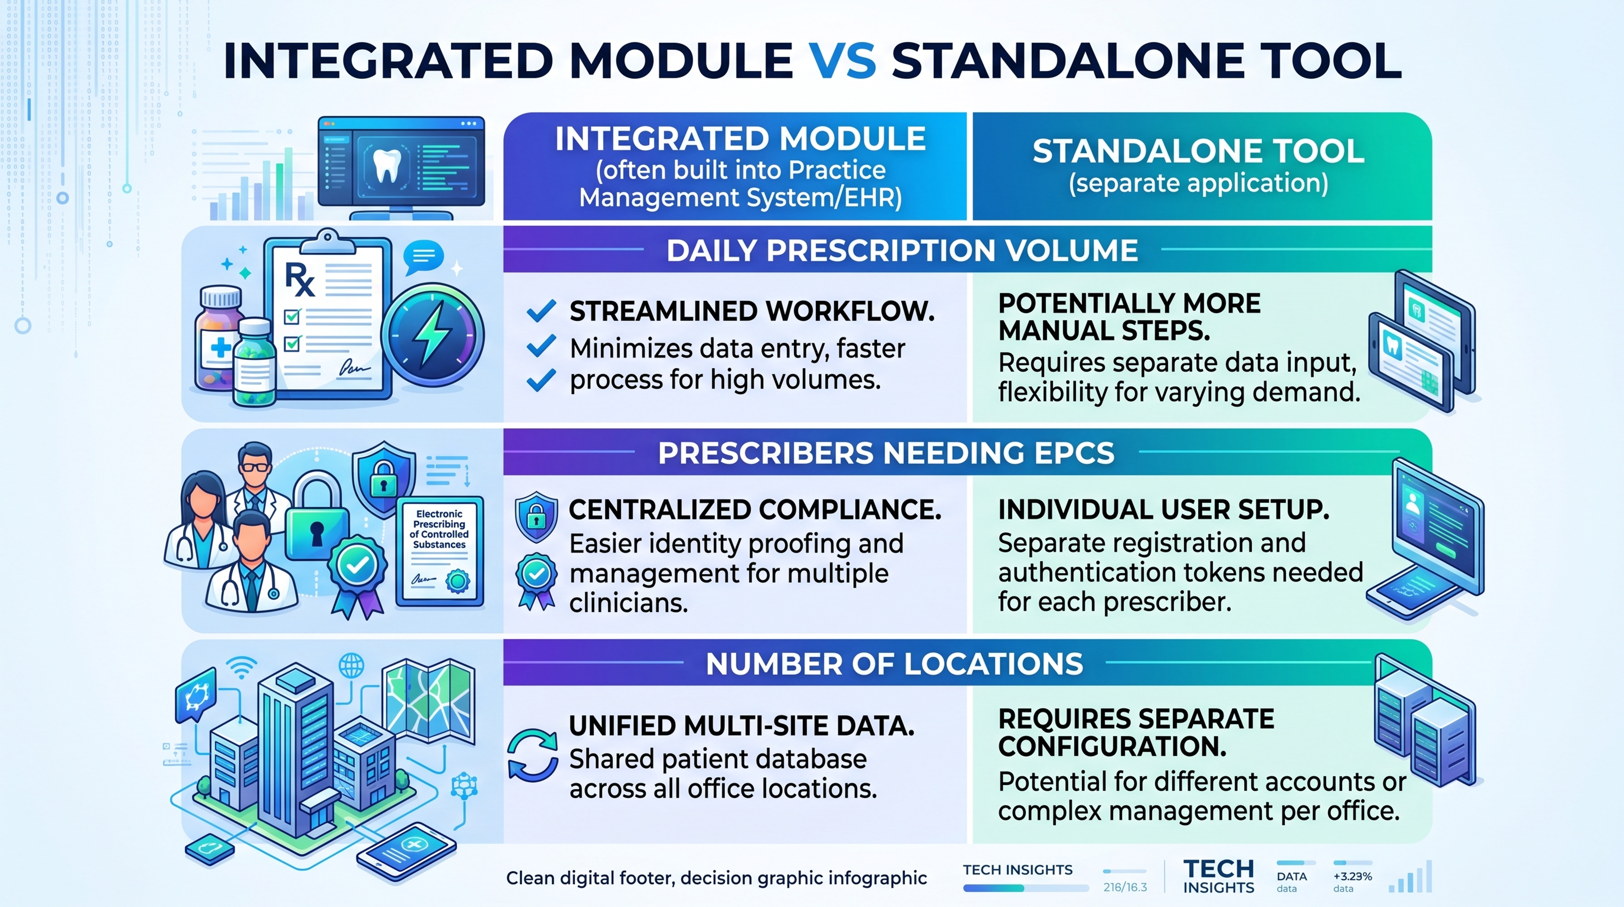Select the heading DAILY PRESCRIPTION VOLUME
(902, 251)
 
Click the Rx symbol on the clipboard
(299, 279)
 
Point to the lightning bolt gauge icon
(433, 335)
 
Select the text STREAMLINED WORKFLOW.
(752, 311)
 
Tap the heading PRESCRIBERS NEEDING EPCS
(886, 453)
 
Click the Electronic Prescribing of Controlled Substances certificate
(439, 551)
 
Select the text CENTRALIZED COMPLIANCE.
(754, 510)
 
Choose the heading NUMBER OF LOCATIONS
(894, 664)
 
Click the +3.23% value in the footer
(1352, 876)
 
